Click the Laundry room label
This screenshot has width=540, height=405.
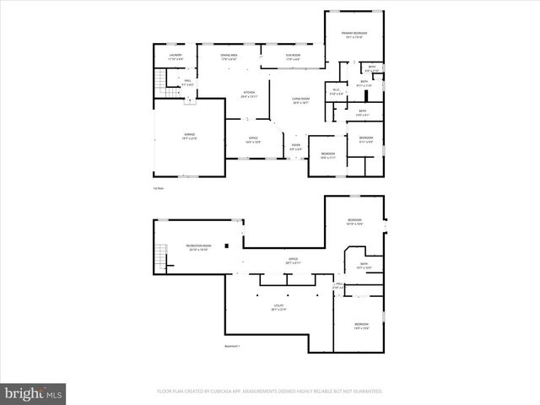click(x=175, y=57)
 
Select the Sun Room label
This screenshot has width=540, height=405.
click(x=294, y=57)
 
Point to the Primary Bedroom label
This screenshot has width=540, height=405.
click(x=354, y=35)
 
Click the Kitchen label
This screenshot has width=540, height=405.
click(x=249, y=94)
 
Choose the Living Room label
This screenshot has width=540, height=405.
click(x=301, y=100)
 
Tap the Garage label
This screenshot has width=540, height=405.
click(x=189, y=136)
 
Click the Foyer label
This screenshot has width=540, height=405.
click(x=296, y=146)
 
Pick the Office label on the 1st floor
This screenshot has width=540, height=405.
click(x=253, y=139)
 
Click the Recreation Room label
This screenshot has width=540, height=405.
click(x=199, y=247)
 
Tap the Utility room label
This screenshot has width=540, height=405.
click(x=278, y=308)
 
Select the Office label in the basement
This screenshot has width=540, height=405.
click(x=293, y=261)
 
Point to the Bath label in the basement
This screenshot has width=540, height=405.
click(x=364, y=265)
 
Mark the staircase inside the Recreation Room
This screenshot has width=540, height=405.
click(x=159, y=251)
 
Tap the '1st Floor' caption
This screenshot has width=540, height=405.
click(x=159, y=188)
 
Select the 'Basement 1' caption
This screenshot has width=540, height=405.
click(x=232, y=347)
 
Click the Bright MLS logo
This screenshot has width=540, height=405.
click(x=34, y=393)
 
